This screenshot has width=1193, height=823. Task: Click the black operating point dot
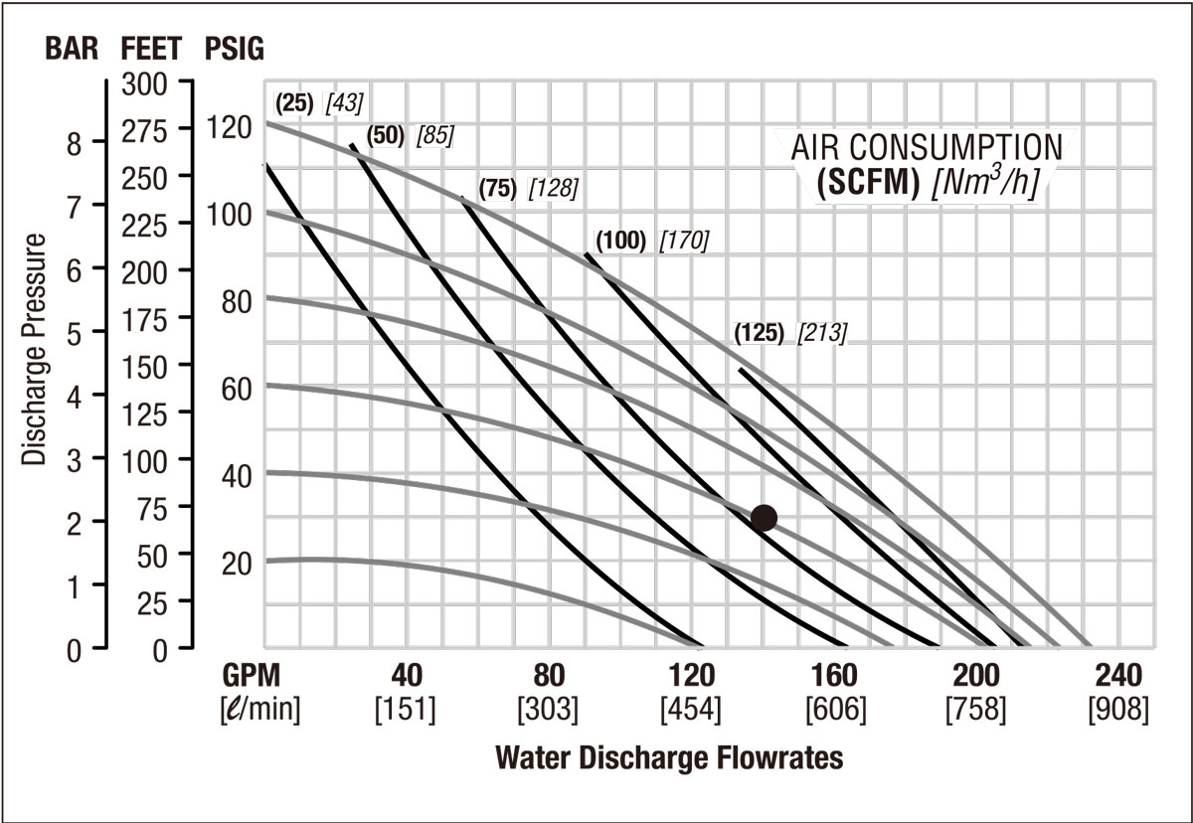click(764, 517)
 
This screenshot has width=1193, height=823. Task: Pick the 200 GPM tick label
click(976, 677)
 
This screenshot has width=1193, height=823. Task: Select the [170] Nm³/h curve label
click(684, 240)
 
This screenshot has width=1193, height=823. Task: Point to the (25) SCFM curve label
click(295, 101)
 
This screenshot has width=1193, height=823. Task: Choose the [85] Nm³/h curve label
click(434, 135)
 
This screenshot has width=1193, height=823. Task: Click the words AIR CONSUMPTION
click(926, 149)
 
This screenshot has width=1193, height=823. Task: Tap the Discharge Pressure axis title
click(36, 350)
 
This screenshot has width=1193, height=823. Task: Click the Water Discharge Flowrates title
click(668, 758)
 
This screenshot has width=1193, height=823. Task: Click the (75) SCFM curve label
click(497, 189)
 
